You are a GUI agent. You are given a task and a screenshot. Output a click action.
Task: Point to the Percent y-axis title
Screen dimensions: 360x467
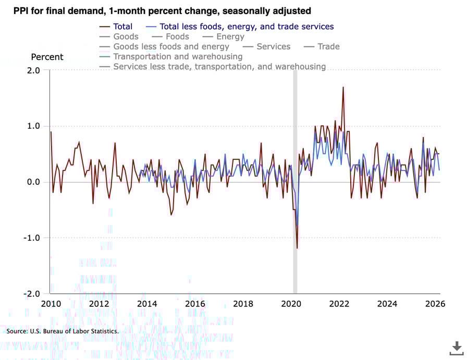click(x=47, y=57)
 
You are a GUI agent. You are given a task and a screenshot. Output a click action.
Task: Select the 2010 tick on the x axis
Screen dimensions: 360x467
click(x=51, y=304)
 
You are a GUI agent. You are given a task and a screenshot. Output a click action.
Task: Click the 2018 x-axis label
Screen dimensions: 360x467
click(x=243, y=304)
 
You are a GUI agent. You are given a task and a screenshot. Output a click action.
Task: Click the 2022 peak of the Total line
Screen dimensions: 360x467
click(x=343, y=87)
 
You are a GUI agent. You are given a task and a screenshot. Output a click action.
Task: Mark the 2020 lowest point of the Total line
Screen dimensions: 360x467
click(x=297, y=248)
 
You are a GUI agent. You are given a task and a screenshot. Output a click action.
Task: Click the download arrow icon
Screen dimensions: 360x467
click(x=456, y=347)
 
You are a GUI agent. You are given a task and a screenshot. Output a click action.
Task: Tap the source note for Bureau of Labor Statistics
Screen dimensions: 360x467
click(x=63, y=331)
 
